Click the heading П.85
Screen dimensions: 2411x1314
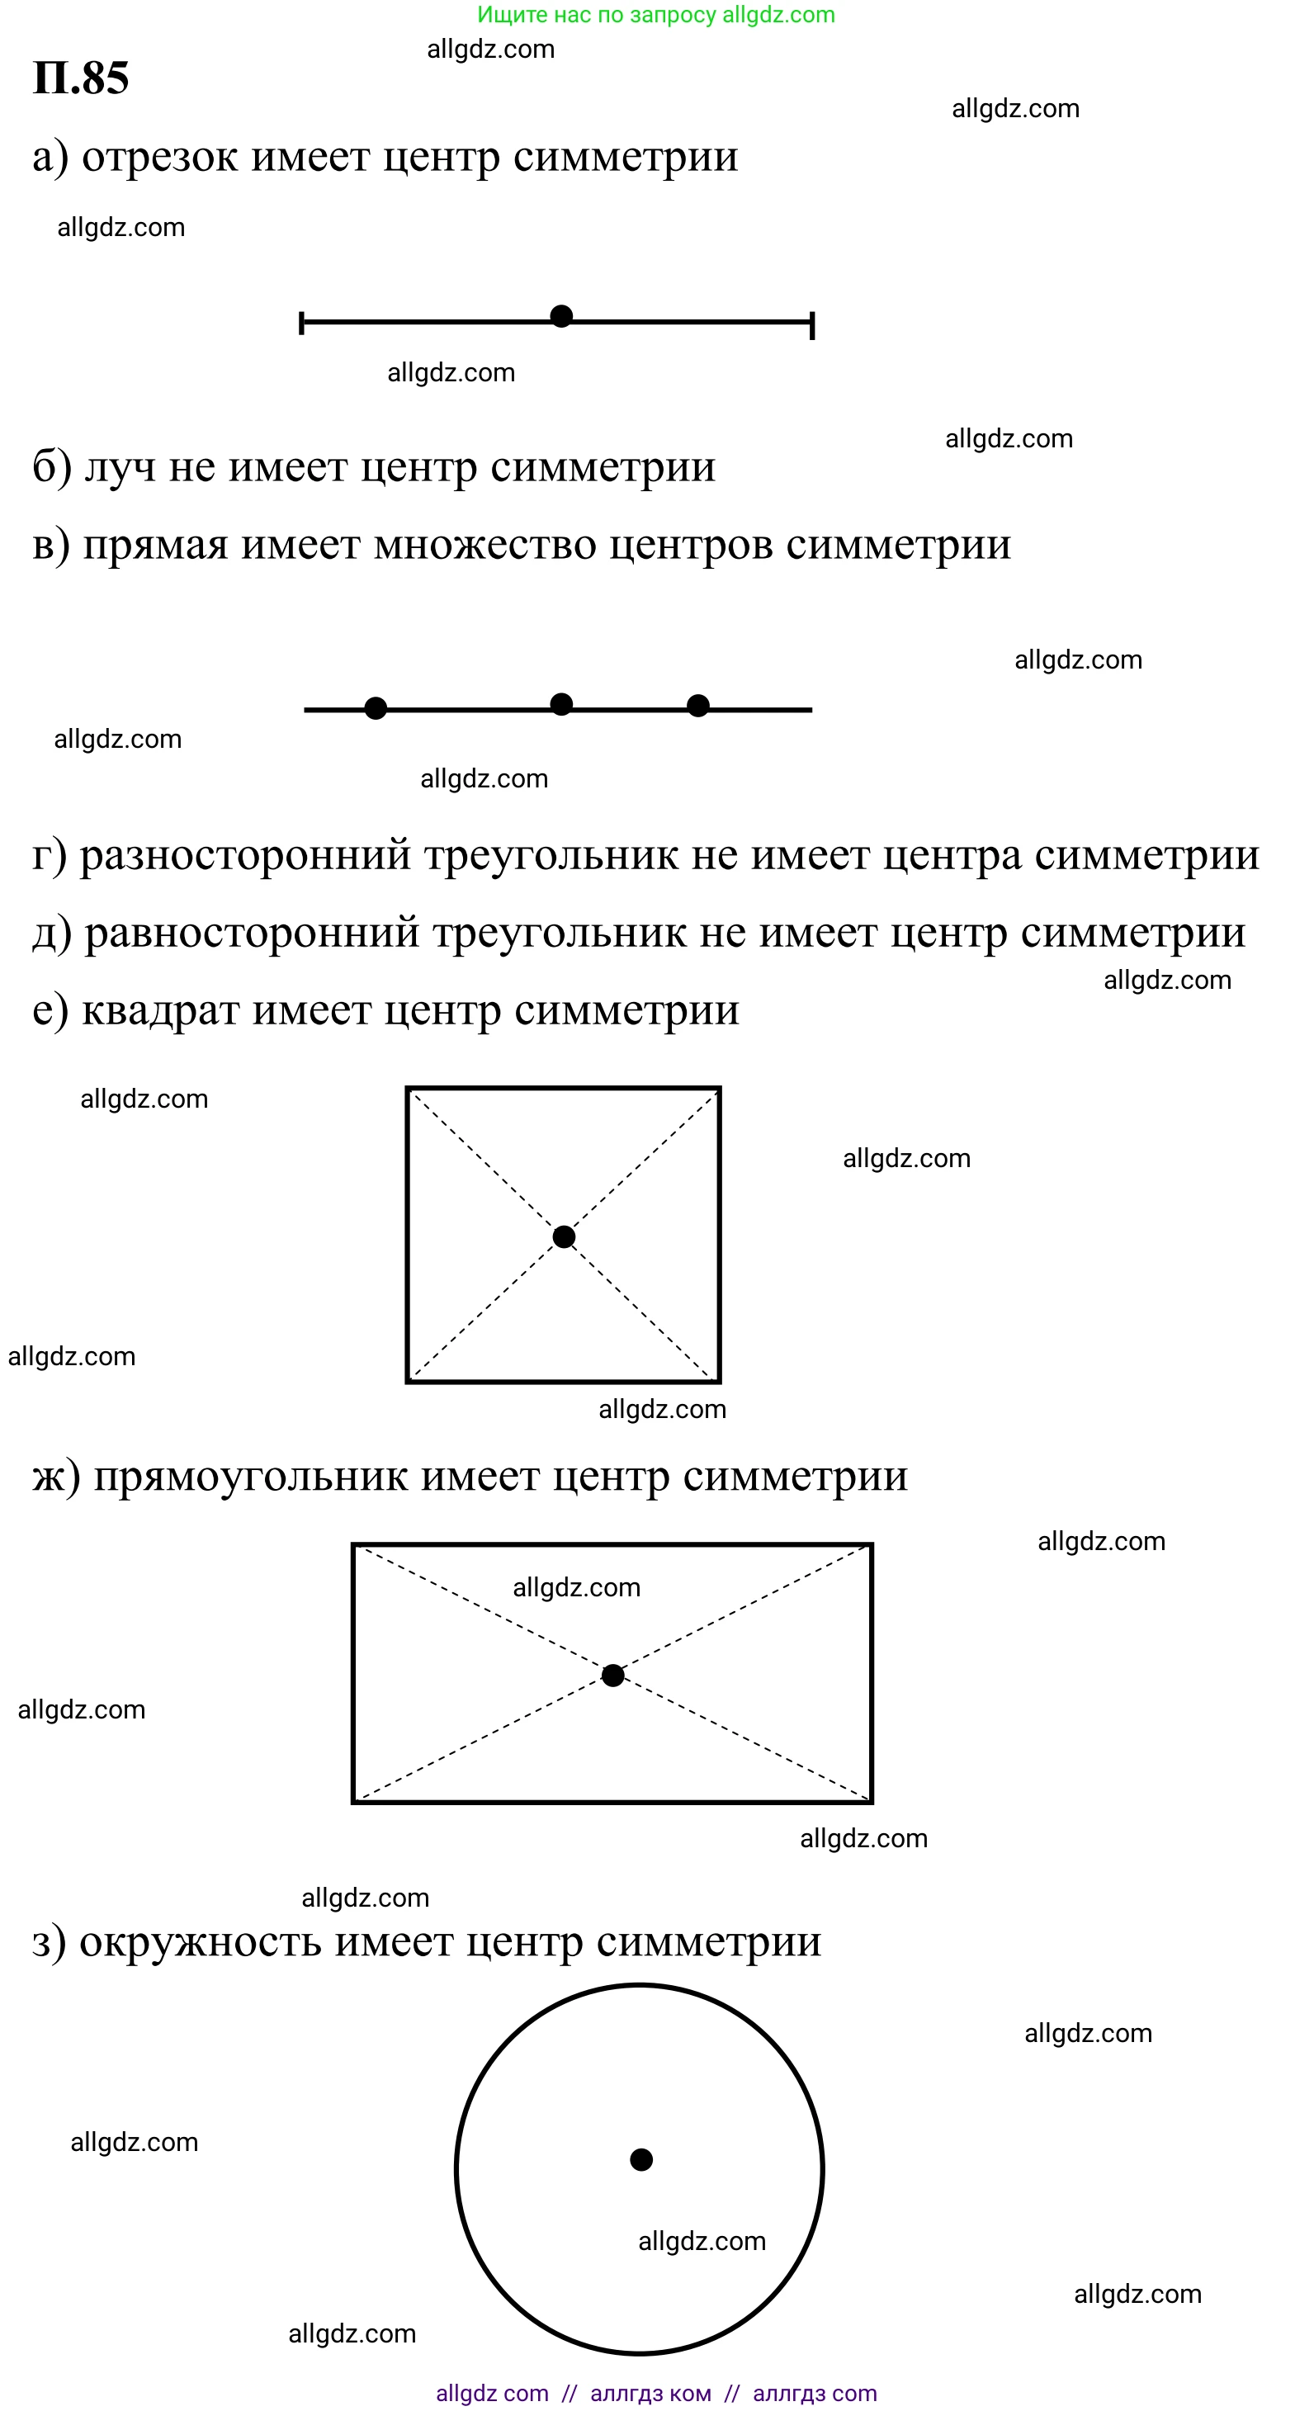point(81,78)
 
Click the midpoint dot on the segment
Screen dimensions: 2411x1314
point(561,316)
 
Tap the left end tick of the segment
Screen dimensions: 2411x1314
point(301,323)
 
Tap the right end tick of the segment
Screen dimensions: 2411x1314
point(812,324)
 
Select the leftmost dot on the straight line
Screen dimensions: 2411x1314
point(376,708)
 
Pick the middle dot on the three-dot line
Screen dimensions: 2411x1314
point(561,704)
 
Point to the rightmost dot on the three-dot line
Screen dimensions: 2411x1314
point(698,706)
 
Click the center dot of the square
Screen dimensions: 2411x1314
point(564,1237)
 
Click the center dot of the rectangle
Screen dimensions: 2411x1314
point(613,1676)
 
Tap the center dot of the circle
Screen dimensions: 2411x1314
point(641,2159)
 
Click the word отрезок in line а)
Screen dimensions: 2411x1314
point(160,157)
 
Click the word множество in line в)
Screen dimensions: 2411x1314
point(484,545)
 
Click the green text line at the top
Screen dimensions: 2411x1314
point(656,15)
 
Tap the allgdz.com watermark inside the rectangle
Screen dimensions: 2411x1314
point(576,1587)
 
